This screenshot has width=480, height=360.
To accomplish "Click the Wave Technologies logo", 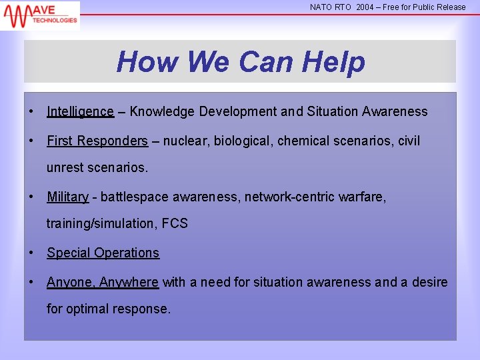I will [x=40, y=15].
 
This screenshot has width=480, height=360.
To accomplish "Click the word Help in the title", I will [x=333, y=62].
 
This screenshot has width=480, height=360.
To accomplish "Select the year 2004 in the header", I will [x=365, y=7].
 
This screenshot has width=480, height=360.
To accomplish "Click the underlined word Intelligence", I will [x=80, y=111].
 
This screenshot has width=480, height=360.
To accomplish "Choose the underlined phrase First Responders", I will [x=97, y=141].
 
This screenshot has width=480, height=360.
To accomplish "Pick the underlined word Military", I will [x=67, y=197].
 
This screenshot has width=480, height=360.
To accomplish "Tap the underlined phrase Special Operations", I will [x=103, y=253].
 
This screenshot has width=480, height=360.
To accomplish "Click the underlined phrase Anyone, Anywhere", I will [x=103, y=282].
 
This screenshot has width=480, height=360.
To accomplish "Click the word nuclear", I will [x=185, y=141].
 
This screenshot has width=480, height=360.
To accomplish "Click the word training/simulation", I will [x=101, y=223].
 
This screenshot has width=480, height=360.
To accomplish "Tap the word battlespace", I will [x=136, y=197].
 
